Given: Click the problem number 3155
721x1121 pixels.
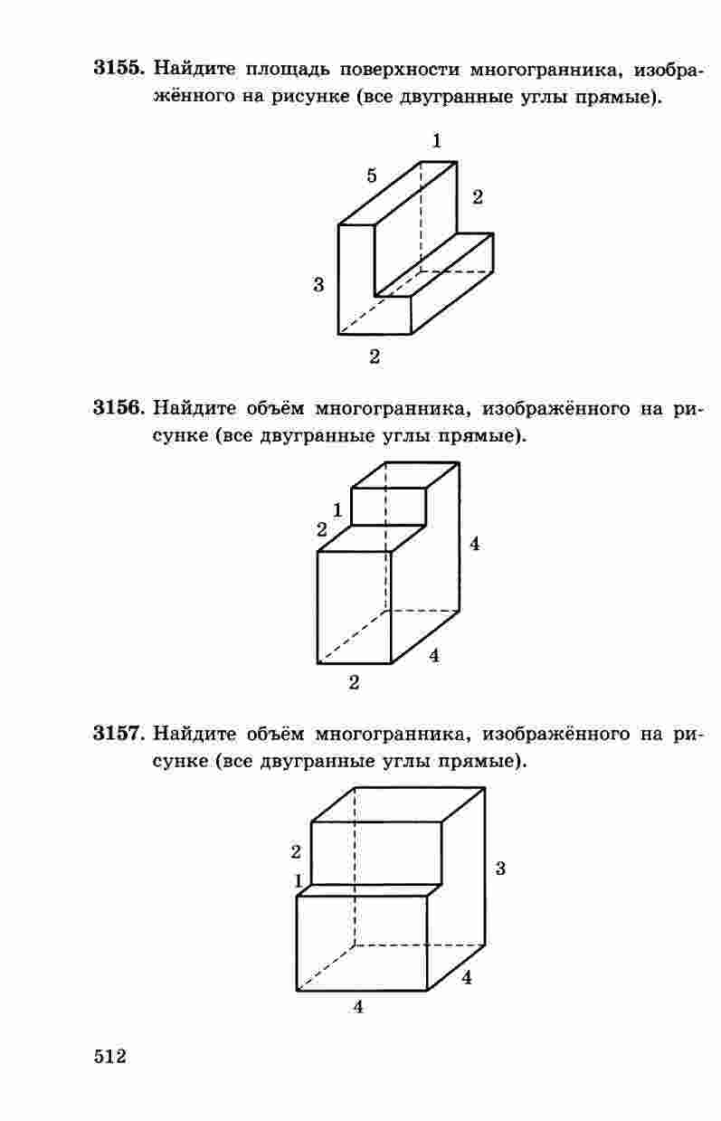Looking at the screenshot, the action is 119,68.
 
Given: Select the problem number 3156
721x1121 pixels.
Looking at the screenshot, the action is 119,407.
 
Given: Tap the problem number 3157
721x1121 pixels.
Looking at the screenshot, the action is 119,733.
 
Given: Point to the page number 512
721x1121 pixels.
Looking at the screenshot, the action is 110,1057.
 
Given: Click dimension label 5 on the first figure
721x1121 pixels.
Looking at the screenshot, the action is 371,176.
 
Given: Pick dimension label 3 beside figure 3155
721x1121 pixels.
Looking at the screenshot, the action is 318,285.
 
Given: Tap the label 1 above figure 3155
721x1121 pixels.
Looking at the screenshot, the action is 437,141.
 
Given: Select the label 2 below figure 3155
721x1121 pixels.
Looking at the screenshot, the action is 375,356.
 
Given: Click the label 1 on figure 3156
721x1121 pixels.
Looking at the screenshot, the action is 337,510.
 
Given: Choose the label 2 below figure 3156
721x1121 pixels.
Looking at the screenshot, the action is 355,682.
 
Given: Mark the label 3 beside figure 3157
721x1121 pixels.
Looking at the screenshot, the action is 500,868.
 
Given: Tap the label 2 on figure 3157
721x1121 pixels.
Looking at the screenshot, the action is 296,851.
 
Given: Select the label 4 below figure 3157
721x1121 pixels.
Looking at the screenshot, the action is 358,1006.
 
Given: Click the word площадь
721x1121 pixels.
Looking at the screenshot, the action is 288,70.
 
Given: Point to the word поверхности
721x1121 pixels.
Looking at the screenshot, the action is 399,69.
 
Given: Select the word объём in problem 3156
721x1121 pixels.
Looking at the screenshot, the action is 276,408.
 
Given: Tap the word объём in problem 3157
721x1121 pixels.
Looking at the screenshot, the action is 276,734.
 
